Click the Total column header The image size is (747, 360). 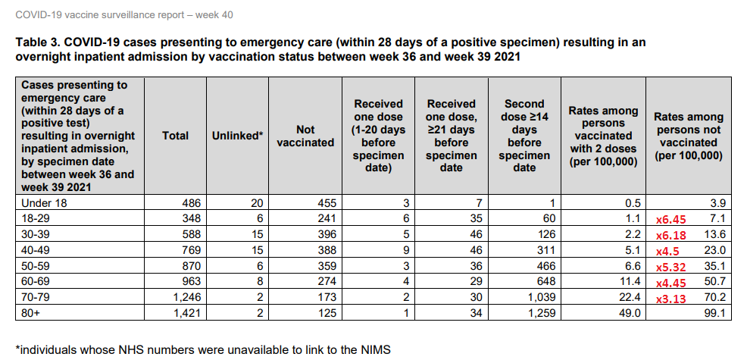(x=176, y=136)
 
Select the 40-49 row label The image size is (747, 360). (x=38, y=249)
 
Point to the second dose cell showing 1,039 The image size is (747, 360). (x=541, y=296)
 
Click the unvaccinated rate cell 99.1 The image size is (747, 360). (x=714, y=311)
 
